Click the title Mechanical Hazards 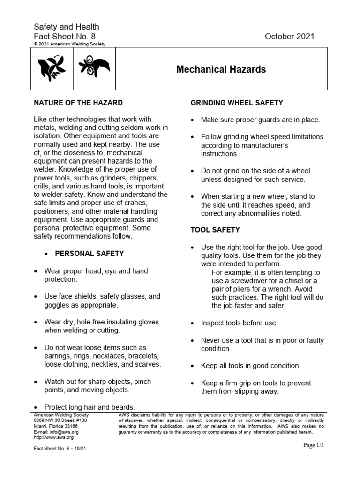221,70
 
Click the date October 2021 290,37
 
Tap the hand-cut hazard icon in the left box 52,68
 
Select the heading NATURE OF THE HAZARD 78,103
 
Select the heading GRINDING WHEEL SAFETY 236,103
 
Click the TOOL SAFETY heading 215,230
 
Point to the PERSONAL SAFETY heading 90,254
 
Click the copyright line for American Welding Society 69,44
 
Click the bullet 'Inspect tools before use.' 239,323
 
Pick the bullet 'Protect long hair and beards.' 90,407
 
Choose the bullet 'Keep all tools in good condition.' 251,366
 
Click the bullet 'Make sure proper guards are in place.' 261,120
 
